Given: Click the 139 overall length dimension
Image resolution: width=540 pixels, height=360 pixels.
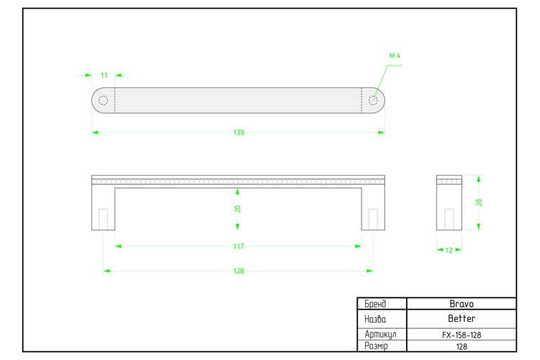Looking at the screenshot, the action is tap(238, 132).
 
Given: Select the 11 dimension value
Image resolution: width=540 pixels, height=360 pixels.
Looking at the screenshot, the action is tap(104, 76).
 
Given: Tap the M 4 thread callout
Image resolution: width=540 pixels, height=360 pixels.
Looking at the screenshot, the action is tap(395, 55).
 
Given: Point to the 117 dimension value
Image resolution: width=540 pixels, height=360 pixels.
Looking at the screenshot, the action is tap(238, 246).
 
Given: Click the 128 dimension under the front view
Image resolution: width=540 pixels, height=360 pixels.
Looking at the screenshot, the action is tap(238, 271).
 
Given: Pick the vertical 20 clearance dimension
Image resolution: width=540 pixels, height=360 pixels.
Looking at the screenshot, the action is tap(238, 209).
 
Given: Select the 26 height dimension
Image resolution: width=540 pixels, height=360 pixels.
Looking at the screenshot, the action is tap(479, 202).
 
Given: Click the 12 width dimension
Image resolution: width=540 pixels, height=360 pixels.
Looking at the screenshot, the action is tap(449, 251).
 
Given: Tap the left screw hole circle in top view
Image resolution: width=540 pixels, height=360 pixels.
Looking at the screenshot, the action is tap(103, 100).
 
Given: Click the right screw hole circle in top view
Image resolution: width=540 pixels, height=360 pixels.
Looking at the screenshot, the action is tap(373, 100).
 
